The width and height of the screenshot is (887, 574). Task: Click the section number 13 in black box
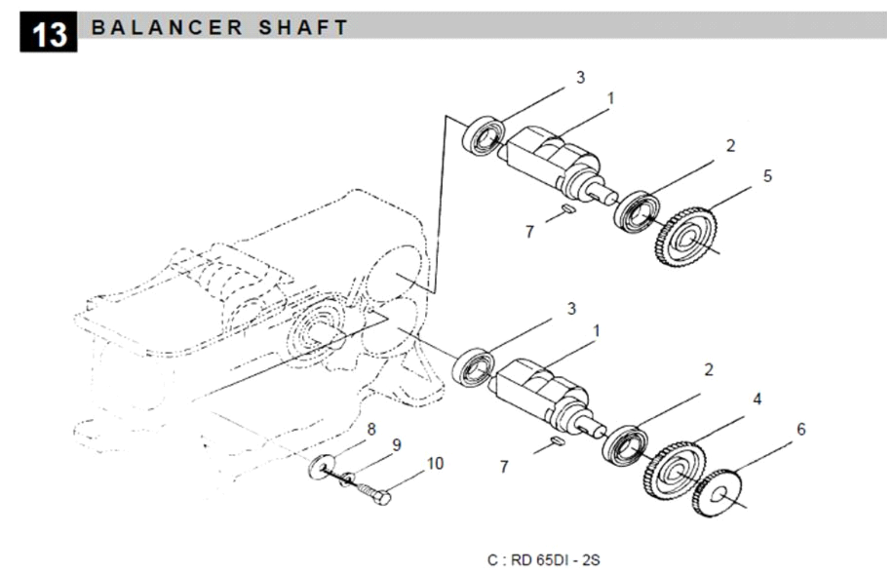tap(48, 33)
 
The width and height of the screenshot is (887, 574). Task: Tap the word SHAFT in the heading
tap(303, 27)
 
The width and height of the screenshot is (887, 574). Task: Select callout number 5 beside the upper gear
tap(767, 176)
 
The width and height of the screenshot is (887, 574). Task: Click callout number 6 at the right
tap(801, 429)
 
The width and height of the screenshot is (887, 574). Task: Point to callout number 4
tap(757, 398)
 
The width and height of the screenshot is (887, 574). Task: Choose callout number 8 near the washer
tap(371, 429)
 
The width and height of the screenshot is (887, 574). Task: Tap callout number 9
tap(396, 445)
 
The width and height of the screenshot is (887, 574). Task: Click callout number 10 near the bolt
tap(435, 463)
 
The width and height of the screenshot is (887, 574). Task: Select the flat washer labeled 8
tap(322, 467)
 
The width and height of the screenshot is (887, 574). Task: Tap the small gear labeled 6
tap(716, 493)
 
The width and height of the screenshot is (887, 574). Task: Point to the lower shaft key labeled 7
tap(555, 440)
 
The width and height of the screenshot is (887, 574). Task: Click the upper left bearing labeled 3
tap(484, 136)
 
